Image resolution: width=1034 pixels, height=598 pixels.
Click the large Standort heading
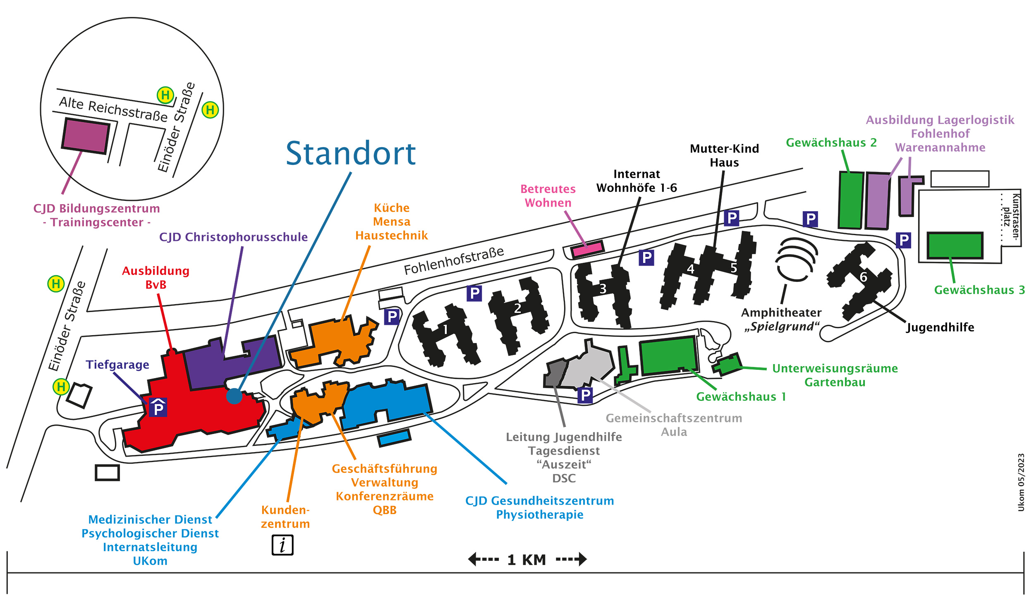pyautogui.click(x=350, y=153)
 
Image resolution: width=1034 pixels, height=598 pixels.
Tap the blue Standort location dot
pyautogui.click(x=234, y=396)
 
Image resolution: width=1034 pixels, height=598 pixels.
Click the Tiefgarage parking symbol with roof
pyautogui.click(x=158, y=407)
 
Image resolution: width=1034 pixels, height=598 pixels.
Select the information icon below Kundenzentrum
pyautogui.click(x=282, y=545)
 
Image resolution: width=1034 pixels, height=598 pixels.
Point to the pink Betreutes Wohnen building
pyautogui.click(x=587, y=249)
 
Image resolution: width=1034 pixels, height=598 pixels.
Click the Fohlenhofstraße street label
pyautogui.click(x=454, y=261)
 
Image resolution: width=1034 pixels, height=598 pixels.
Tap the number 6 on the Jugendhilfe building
pyautogui.click(x=864, y=277)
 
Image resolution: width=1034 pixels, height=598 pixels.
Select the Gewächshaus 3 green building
pyautogui.click(x=955, y=245)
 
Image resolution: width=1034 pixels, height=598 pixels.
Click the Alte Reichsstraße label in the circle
pyautogui.click(x=113, y=109)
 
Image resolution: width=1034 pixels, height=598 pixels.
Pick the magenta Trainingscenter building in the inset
pyautogui.click(x=86, y=136)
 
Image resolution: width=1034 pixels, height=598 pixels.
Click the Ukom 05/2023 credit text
pyautogui.click(x=1021, y=482)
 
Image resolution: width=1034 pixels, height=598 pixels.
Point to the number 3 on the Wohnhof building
pyautogui.click(x=603, y=288)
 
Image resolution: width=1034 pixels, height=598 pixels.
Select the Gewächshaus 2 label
pyautogui.click(x=831, y=143)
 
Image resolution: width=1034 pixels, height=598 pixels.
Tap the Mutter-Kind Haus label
pyautogui.click(x=724, y=155)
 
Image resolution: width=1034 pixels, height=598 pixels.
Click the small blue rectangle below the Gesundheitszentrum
pyautogui.click(x=394, y=438)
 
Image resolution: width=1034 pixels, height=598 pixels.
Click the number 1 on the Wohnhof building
pyautogui.click(x=445, y=329)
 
